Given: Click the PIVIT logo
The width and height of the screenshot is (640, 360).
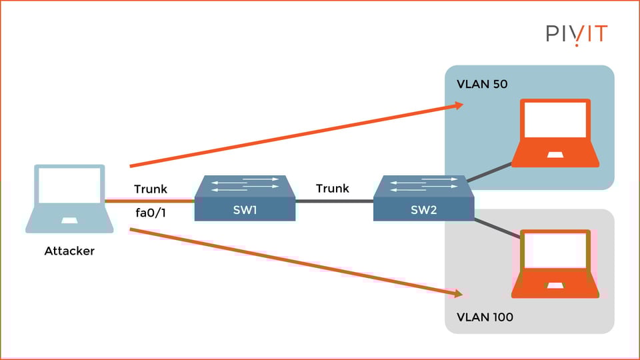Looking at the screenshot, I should click(577, 33).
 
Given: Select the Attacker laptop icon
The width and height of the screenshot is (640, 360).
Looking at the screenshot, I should click(65, 199).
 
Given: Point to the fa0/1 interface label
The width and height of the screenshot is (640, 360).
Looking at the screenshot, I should click(150, 215).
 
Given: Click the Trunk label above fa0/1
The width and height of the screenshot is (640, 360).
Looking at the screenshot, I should click(150, 189).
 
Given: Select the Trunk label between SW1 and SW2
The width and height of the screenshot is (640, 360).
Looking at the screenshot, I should click(333, 189).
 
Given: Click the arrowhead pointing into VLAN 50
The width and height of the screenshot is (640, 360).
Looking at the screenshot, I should click(458, 105).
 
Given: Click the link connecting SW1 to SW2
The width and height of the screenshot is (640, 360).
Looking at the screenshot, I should click(334, 201).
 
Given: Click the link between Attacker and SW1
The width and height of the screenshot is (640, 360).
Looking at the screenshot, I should click(150, 201).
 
